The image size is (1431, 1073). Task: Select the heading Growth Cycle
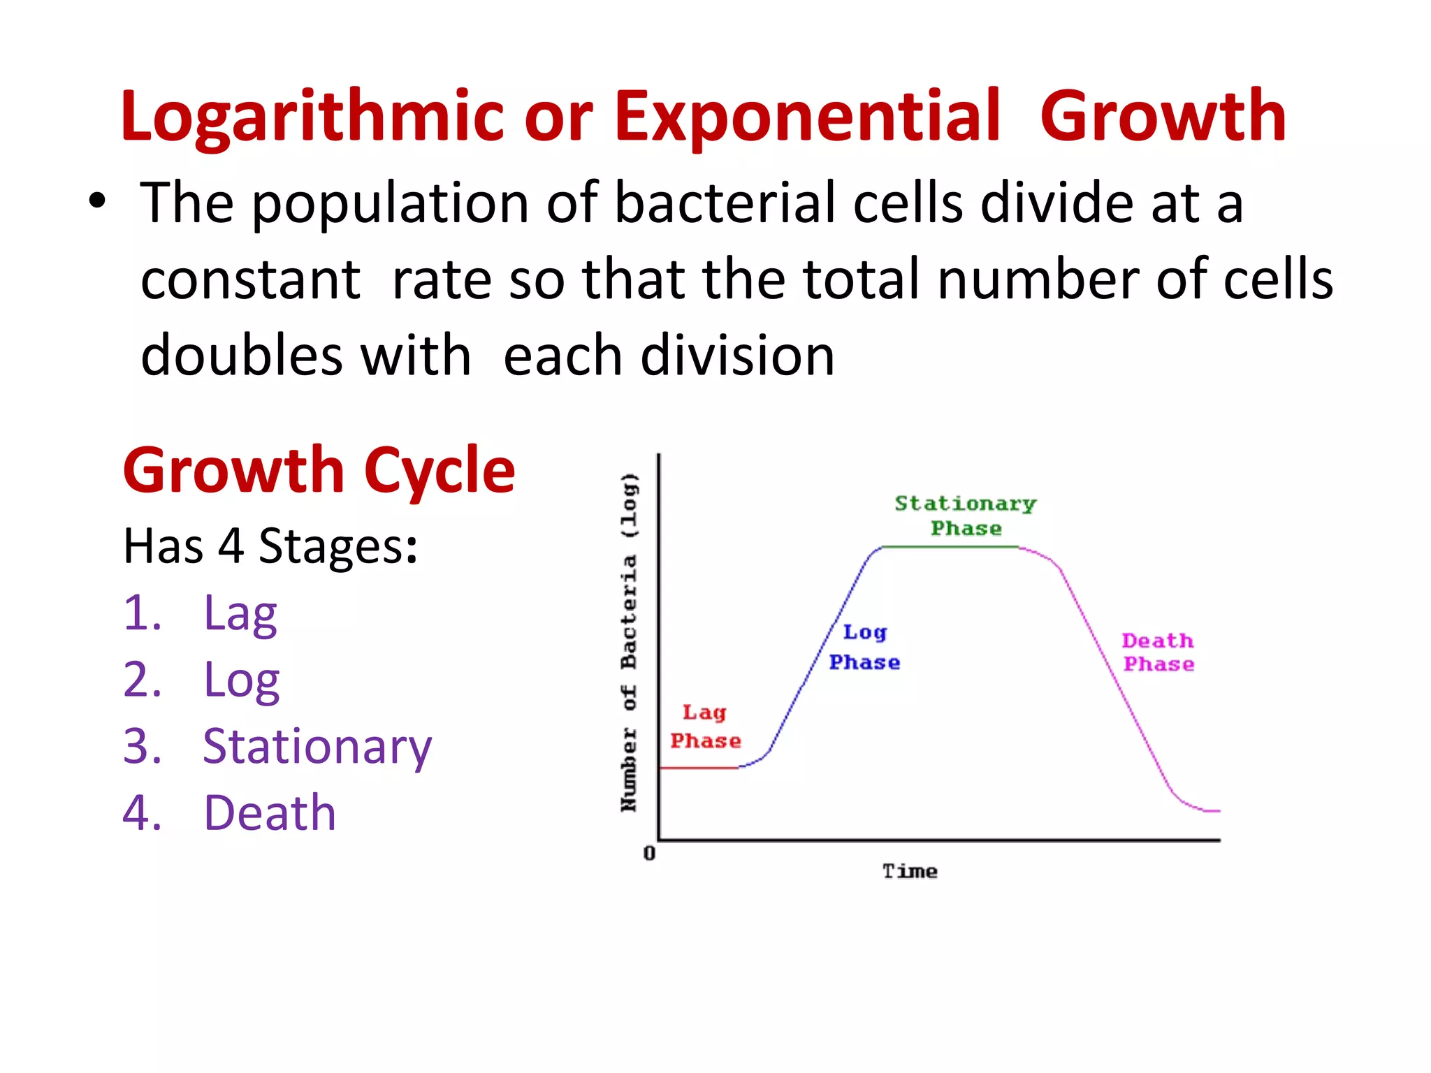pos(319,471)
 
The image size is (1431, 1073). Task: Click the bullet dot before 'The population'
pos(98,202)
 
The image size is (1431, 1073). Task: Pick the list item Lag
pos(240,613)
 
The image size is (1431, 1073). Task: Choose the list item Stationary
pos(317,746)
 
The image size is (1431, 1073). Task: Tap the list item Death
pos(270,813)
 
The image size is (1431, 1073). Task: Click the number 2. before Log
pos(142,680)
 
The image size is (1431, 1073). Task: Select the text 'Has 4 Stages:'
pos(270,546)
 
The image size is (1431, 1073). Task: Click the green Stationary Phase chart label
pos(966,516)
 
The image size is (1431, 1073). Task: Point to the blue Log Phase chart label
pos(864,647)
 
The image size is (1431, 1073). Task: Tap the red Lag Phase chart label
pos(705,727)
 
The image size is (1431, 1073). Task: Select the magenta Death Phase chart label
pos(1158,652)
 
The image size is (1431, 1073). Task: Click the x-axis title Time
pos(909,871)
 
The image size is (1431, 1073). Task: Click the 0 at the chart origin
pos(649,853)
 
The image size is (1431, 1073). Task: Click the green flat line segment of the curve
pos(950,547)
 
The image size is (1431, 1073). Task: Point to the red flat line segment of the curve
pos(699,768)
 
